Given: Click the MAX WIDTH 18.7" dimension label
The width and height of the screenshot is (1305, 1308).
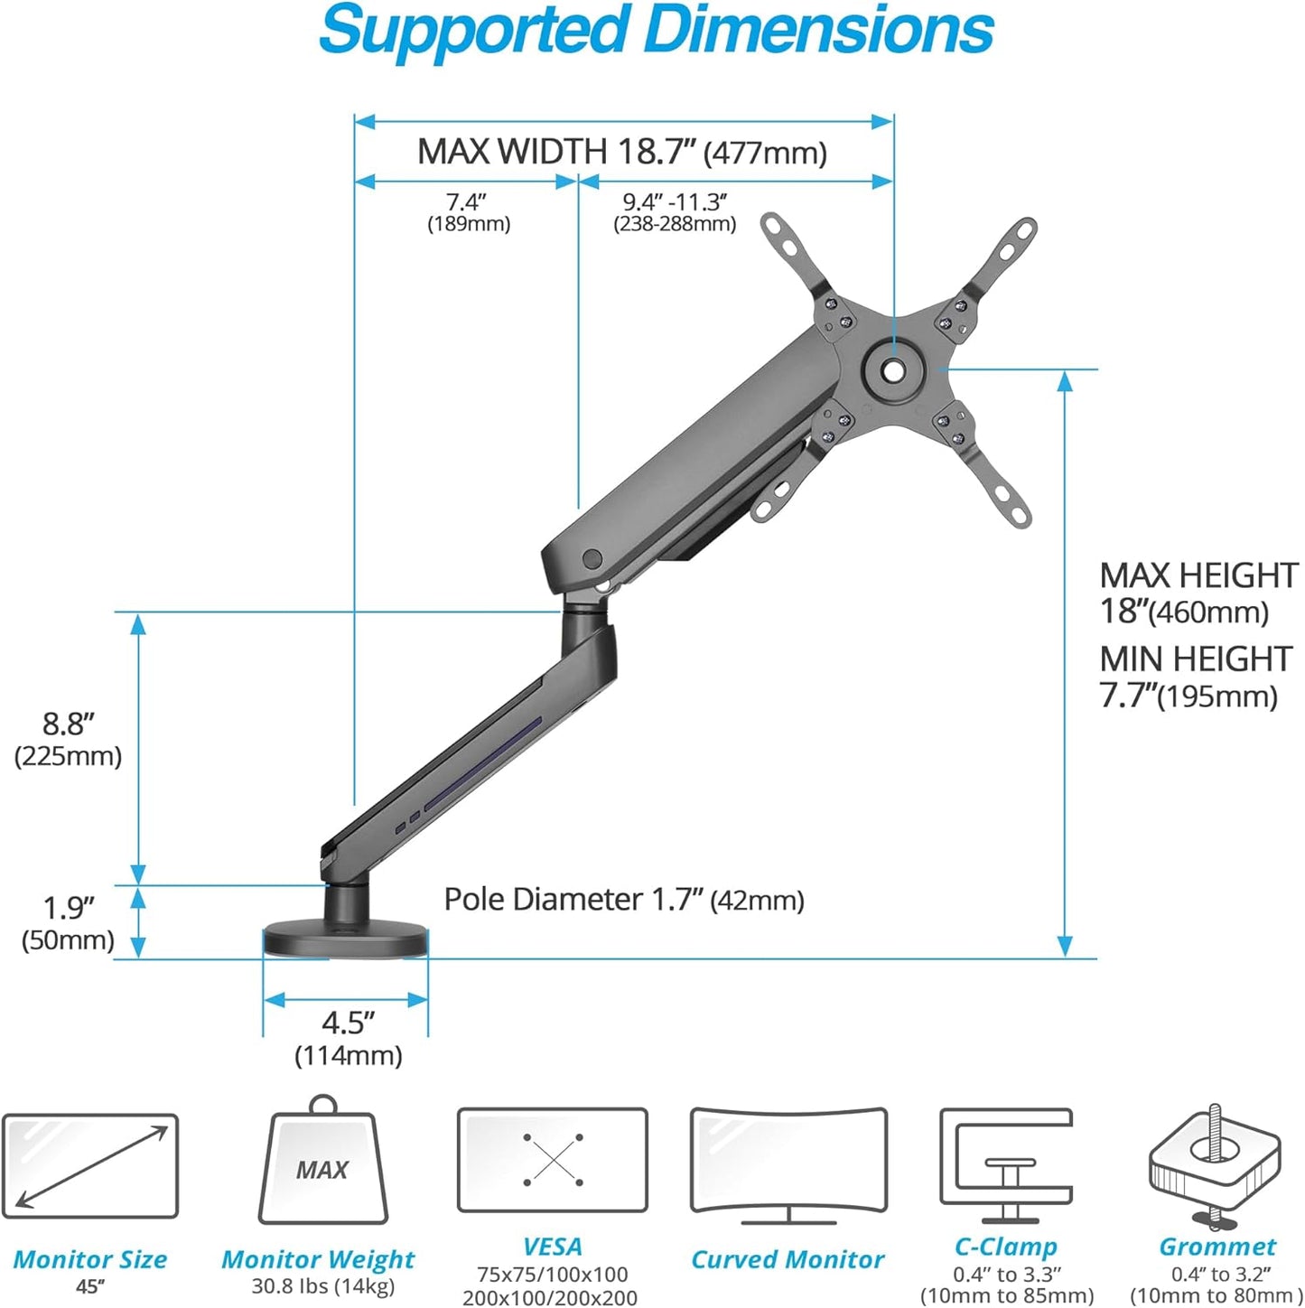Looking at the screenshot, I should click(x=621, y=152).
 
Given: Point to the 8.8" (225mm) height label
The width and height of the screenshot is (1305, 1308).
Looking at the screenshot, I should click(x=68, y=739).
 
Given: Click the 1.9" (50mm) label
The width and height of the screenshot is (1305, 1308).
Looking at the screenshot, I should click(x=68, y=922).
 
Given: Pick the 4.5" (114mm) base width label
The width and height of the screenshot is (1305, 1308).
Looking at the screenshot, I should click(x=348, y=1038).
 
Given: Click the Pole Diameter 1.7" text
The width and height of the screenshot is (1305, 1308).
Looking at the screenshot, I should click(x=623, y=900).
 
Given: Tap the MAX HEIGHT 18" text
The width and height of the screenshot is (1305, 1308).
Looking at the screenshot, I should click(x=1198, y=593).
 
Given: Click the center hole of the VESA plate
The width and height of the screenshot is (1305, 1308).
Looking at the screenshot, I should click(x=893, y=369).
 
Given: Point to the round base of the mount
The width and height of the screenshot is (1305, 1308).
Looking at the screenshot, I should click(x=344, y=940).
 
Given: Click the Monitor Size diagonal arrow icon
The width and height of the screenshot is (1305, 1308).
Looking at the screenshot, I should click(x=90, y=1166).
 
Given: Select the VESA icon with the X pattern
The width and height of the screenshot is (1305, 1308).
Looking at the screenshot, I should click(x=553, y=1160).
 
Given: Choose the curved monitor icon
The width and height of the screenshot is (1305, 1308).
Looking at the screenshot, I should click(x=788, y=1163).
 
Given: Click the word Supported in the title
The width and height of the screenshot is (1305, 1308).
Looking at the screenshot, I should click(x=475, y=31).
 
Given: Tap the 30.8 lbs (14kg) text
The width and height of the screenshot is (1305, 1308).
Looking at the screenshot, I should click(x=322, y=1285).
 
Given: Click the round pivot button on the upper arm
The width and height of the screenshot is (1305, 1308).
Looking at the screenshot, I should click(x=592, y=559).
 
